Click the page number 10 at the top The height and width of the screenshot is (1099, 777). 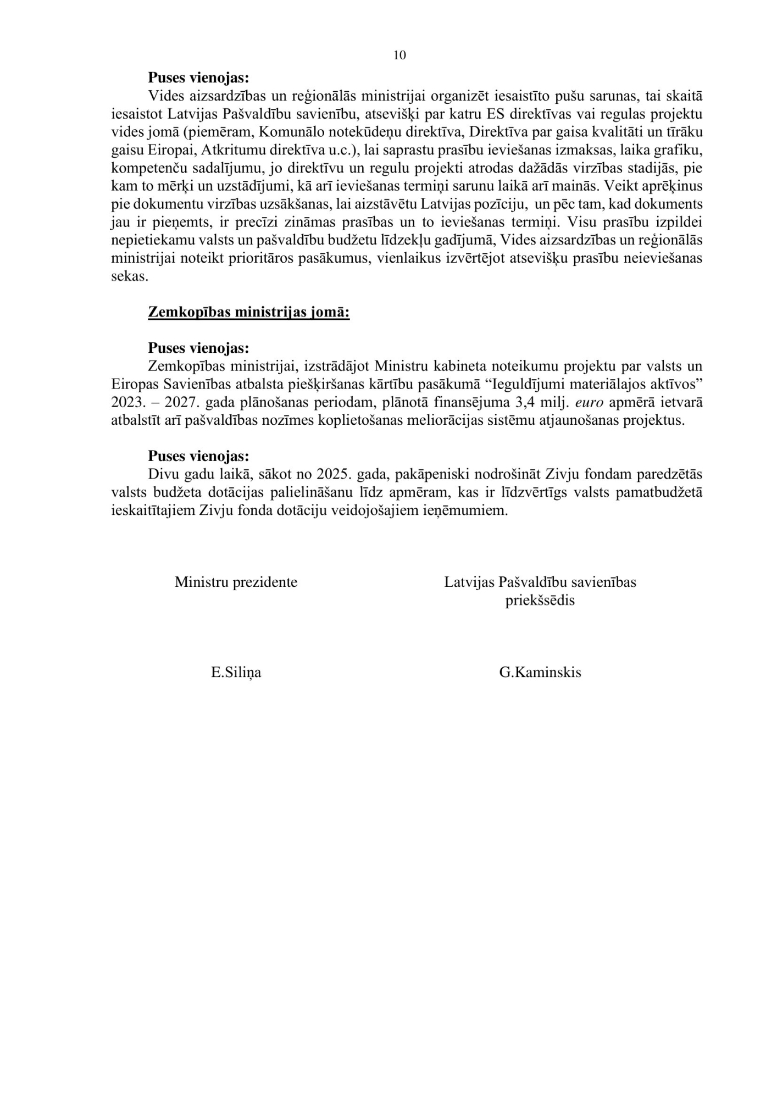pyautogui.click(x=399, y=55)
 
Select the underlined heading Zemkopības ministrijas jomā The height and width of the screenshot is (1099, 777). pyautogui.click(x=248, y=312)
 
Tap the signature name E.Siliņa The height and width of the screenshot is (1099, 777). pyautogui.click(x=236, y=673)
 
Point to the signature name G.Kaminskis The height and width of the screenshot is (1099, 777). pyautogui.click(x=540, y=673)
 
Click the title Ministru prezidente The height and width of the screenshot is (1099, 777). pyautogui.click(x=236, y=582)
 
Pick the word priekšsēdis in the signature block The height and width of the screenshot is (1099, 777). pyautogui.click(x=540, y=601)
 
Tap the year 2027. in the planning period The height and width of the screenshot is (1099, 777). pyautogui.click(x=181, y=402)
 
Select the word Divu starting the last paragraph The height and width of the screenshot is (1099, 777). pyautogui.click(x=161, y=474)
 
